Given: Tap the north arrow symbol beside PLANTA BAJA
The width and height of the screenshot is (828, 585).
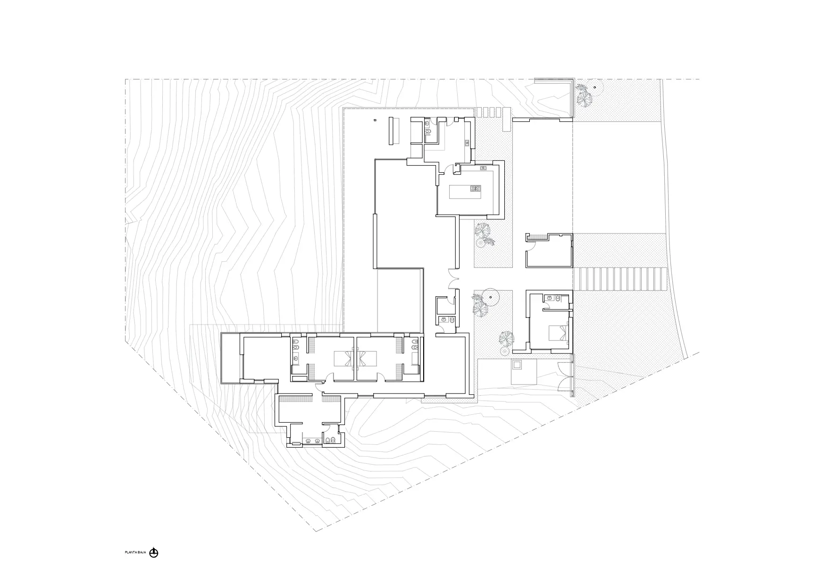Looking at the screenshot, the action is pyautogui.click(x=154, y=553).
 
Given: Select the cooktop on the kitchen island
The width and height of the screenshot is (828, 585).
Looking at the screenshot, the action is pyautogui.click(x=475, y=189).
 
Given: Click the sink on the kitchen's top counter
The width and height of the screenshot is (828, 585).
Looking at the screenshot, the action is pyautogui.click(x=484, y=168).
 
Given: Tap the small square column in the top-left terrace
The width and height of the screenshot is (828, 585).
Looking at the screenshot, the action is pyautogui.click(x=375, y=120).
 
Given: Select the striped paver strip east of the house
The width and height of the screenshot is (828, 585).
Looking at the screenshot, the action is pyautogui.click(x=619, y=279).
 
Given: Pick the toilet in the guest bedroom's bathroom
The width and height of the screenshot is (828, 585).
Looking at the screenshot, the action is pyautogui.click(x=559, y=298).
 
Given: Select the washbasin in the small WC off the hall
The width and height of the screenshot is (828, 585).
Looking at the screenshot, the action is pyautogui.click(x=443, y=320).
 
